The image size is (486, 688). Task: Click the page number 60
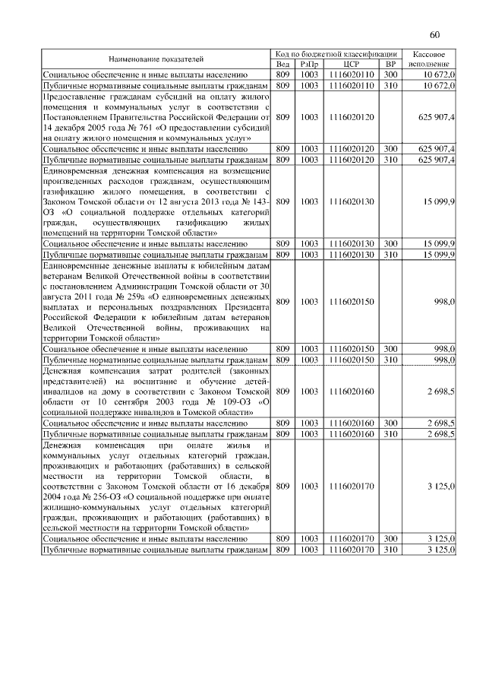tap(434, 35)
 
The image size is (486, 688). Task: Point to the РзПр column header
tap(309, 65)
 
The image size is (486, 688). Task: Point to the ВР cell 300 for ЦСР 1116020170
tap(390, 538)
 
